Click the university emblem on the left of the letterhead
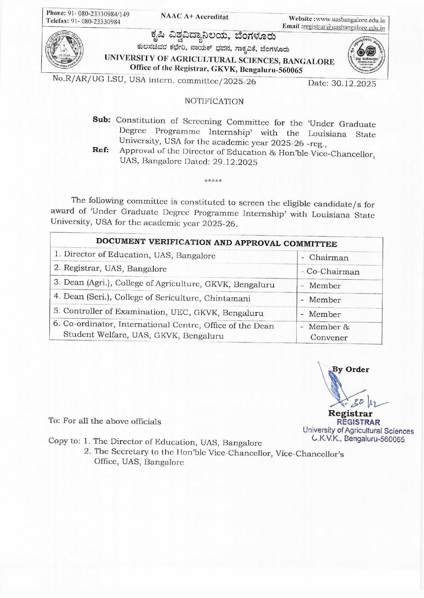[64, 50]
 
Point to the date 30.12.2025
[353, 83]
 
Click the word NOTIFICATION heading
[214, 101]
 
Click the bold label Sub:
[101, 120]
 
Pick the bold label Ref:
[101, 150]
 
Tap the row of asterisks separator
[213, 181]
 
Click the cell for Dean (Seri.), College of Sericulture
[152, 298]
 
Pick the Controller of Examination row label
[159, 312]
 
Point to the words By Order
[351, 369]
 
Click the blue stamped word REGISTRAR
[358, 422]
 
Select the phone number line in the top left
[88, 14]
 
